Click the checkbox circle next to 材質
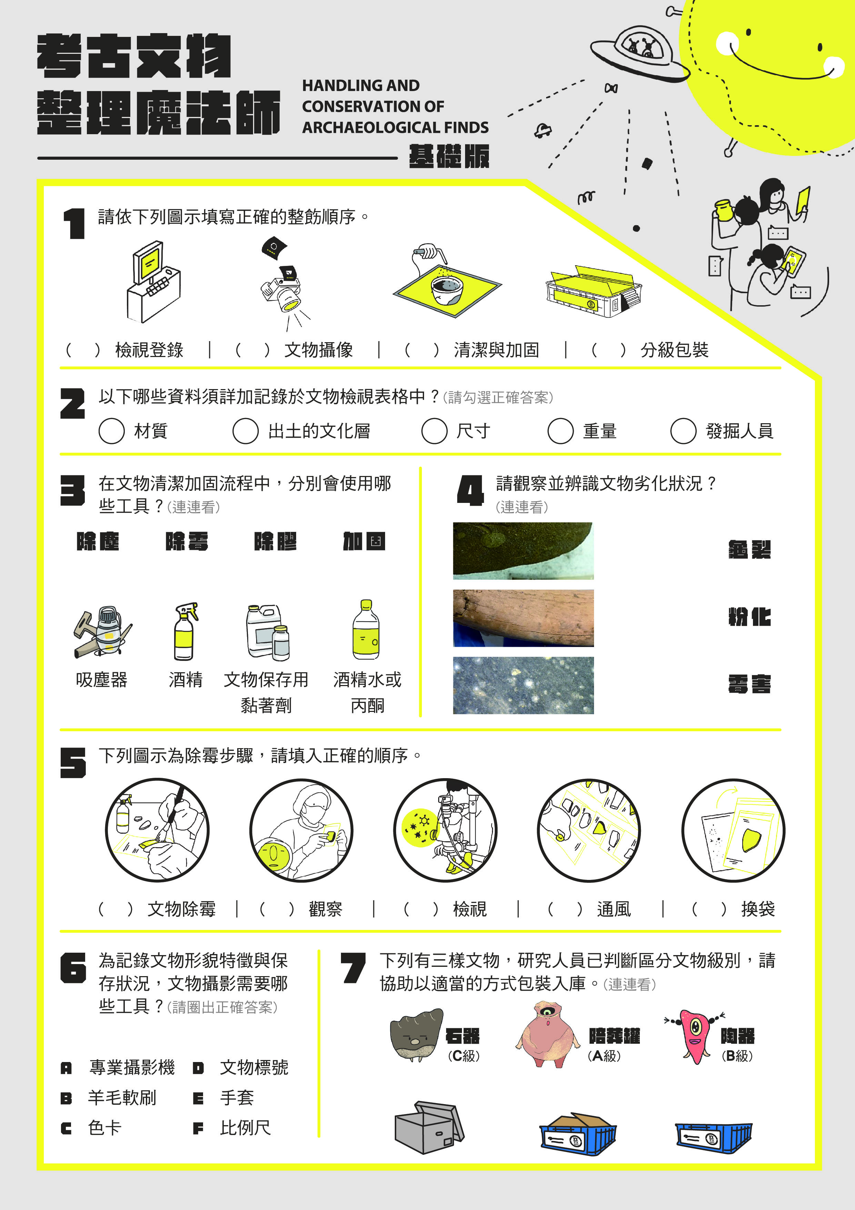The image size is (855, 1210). [x=112, y=430]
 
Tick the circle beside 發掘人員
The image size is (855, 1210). [x=683, y=430]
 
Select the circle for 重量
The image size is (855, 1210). [x=561, y=430]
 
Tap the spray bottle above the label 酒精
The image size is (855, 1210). [x=185, y=631]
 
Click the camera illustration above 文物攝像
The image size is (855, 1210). [x=282, y=285]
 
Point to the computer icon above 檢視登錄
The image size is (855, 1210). [x=153, y=281]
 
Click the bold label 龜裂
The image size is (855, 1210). [x=750, y=550]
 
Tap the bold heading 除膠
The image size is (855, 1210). [x=275, y=541]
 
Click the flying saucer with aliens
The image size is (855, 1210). [x=639, y=53]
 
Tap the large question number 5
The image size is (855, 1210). [x=73, y=763]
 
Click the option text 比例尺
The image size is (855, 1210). [x=245, y=1128]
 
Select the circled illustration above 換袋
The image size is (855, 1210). [x=733, y=830]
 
